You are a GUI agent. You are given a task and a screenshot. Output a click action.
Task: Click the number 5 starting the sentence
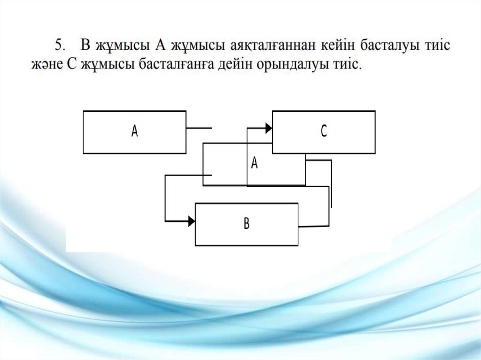click(59, 46)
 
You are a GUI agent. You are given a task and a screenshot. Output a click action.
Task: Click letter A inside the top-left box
click(134, 132)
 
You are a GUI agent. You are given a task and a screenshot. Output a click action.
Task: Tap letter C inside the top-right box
click(324, 132)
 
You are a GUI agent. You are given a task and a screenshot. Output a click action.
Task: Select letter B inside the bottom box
click(247, 224)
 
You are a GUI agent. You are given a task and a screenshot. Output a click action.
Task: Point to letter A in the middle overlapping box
click(255, 162)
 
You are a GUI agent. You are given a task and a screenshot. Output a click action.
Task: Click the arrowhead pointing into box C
click(269, 128)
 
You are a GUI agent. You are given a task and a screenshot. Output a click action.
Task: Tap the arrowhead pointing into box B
click(191, 221)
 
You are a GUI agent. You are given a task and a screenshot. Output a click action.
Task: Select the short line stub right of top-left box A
click(199, 128)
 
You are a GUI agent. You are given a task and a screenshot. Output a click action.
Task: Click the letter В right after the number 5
click(85, 46)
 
